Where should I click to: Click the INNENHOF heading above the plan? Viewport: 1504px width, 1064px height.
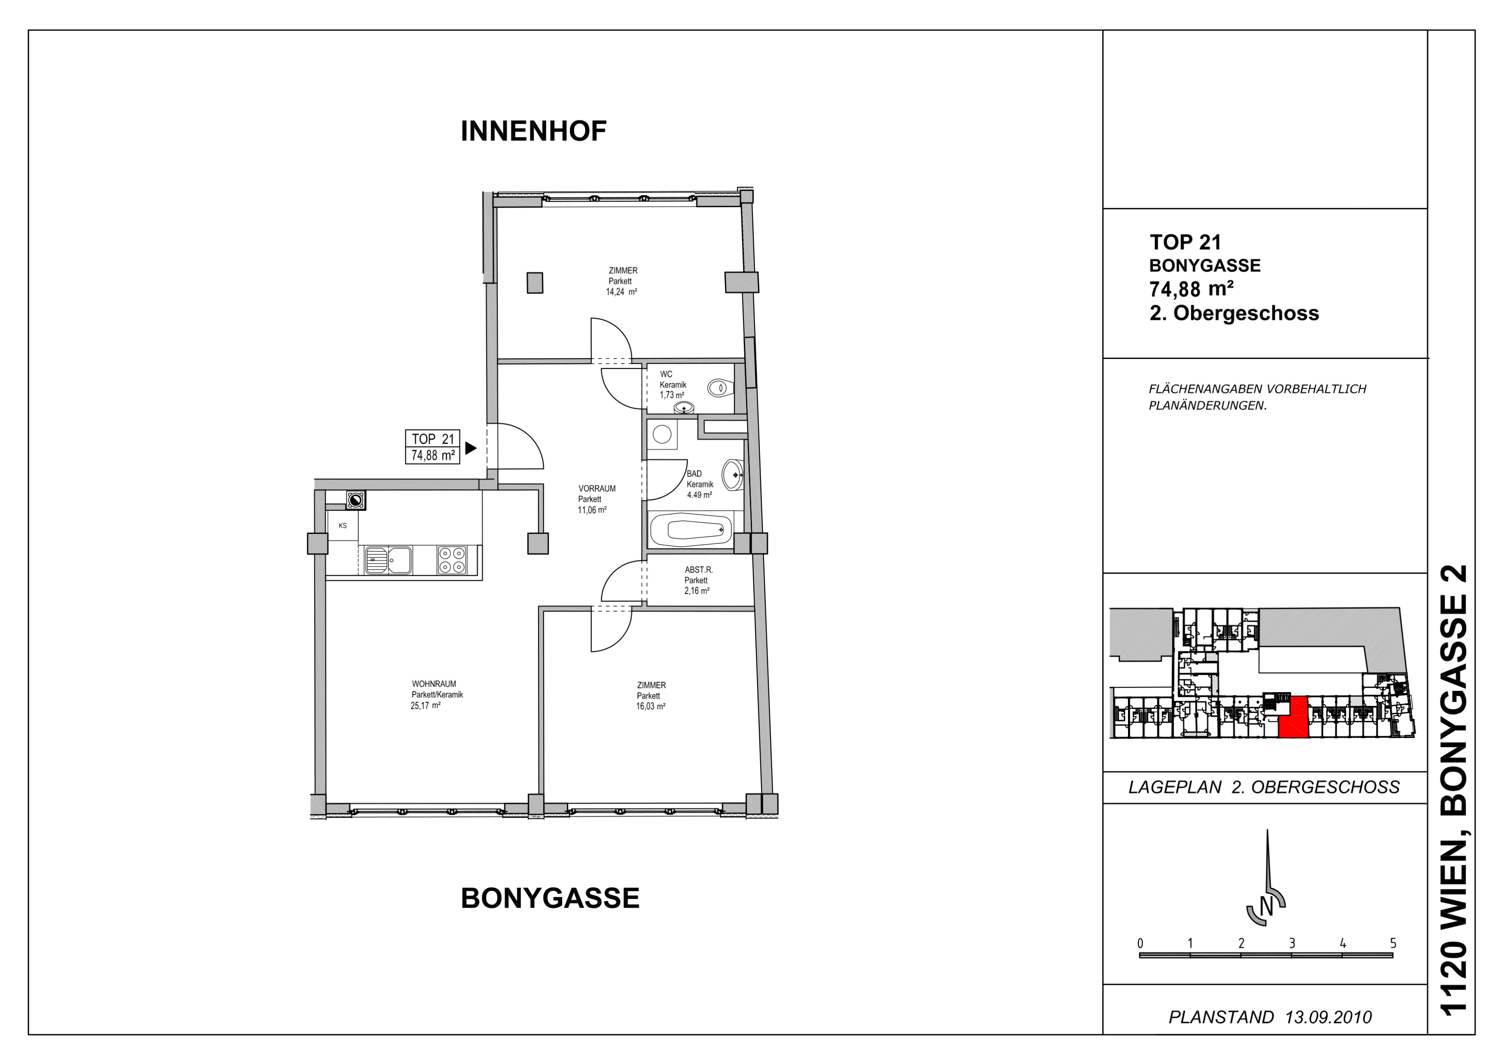tap(533, 132)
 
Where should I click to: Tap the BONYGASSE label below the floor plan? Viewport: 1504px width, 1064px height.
tap(550, 898)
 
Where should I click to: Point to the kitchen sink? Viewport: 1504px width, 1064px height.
tap(388, 560)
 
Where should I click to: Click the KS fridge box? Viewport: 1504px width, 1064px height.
tap(342, 525)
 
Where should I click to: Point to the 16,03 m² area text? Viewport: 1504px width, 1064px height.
tap(651, 706)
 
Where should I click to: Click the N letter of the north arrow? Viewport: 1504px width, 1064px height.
tap(1267, 908)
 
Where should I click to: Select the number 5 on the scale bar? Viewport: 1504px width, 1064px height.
tap(1393, 944)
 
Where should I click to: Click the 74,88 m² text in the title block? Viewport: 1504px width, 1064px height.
tap(1192, 289)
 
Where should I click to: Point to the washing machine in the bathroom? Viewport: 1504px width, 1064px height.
tap(662, 434)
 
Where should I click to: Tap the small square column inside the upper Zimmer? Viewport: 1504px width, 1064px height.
tap(535, 283)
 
